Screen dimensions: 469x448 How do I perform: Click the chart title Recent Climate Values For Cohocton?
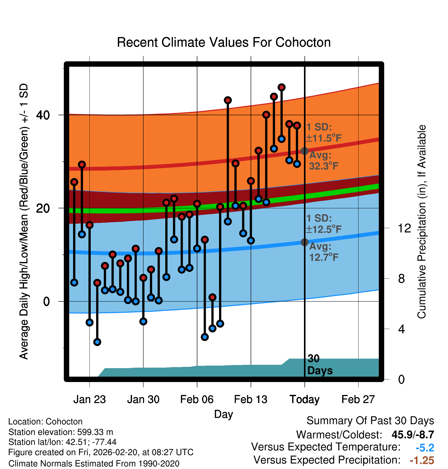click(224, 42)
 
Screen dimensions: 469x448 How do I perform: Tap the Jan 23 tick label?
click(89, 399)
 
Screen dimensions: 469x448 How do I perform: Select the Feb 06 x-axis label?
click(197, 399)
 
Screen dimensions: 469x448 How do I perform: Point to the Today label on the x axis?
click(304, 399)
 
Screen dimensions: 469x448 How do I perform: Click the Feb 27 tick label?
click(358, 399)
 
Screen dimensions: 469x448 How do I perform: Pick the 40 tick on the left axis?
click(43, 115)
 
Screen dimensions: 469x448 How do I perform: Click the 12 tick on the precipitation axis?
click(404, 228)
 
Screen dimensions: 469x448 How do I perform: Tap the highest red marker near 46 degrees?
click(281, 87)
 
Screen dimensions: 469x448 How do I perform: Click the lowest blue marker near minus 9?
click(97, 342)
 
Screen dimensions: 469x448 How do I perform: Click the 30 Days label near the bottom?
click(319, 365)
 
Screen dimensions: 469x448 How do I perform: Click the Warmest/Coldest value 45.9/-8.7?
click(413, 435)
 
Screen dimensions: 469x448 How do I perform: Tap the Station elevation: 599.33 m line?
click(61, 432)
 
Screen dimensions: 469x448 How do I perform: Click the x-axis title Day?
click(223, 414)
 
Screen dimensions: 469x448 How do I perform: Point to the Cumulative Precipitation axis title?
click(421, 222)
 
